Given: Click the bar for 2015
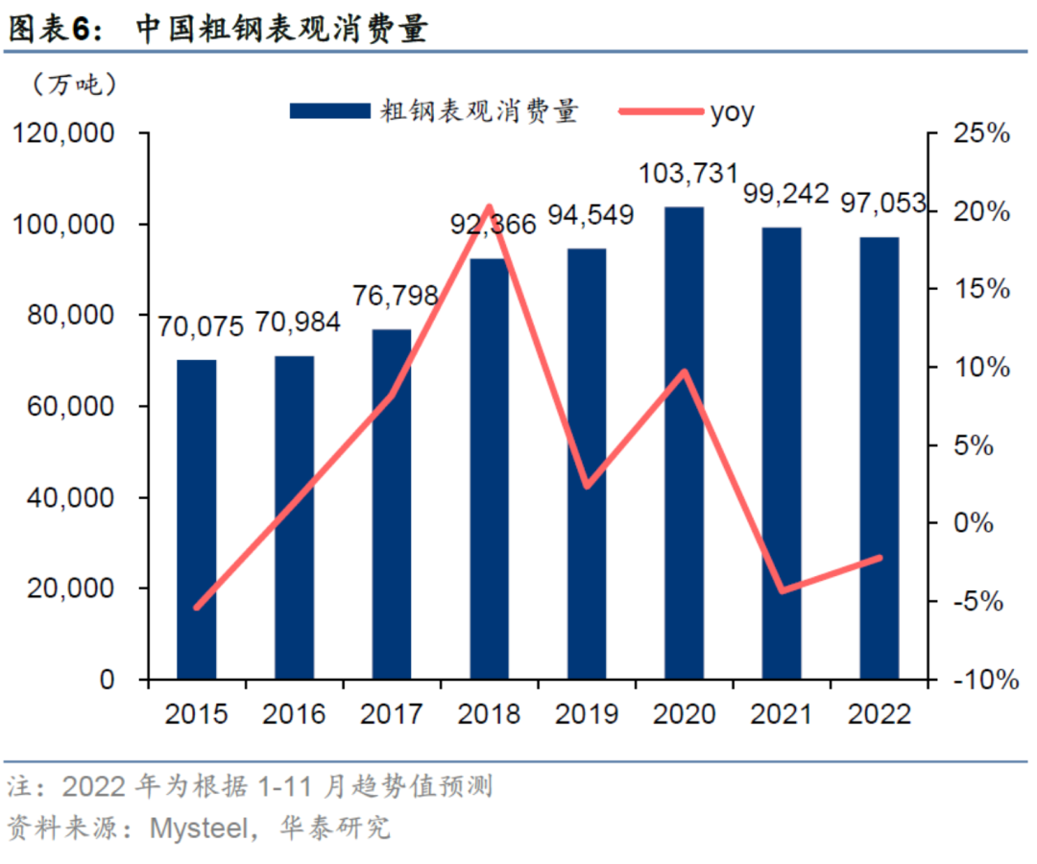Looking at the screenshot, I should click(196, 518).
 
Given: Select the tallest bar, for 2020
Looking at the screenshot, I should click(685, 442).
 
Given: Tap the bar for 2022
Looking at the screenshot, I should click(880, 457).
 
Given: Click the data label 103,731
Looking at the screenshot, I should click(688, 174).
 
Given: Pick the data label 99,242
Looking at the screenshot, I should click(786, 195).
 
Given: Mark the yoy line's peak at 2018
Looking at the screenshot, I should click(489, 207).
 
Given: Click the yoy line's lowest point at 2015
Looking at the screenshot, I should click(197, 607).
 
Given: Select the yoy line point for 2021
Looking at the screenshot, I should click(784, 590).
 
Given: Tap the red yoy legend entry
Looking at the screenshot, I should click(686, 112).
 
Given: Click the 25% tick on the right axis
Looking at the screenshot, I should click(980, 134).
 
